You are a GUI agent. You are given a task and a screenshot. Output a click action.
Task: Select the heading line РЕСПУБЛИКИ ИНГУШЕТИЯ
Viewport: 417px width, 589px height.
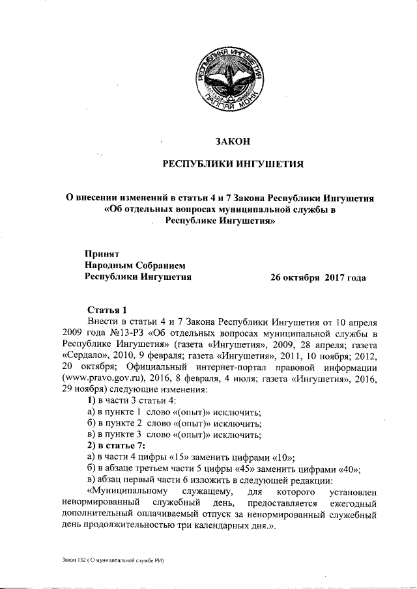pyautogui.click(x=233, y=164)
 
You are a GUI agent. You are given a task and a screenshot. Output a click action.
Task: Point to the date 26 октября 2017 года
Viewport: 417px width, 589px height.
pyautogui.click(x=318, y=277)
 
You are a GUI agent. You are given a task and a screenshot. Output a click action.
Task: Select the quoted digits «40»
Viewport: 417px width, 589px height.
pyautogui.click(x=349, y=469)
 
